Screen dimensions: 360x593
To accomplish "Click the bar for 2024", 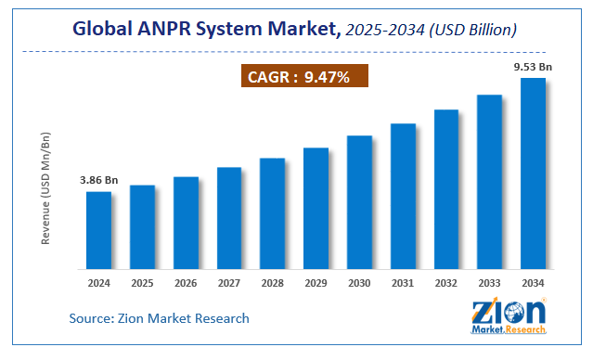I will click(99, 231).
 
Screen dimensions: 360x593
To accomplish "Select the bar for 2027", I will click(229, 219).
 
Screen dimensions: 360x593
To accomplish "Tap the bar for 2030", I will click(359, 203).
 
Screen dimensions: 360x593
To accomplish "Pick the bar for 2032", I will click(446, 190).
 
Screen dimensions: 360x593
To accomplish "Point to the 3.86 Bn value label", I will click(97, 180).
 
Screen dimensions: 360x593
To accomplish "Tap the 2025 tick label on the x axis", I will click(142, 282).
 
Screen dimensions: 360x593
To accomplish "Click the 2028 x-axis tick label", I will click(272, 282).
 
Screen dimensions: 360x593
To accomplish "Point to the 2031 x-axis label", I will click(403, 282).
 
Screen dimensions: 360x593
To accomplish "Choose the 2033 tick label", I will click(489, 282).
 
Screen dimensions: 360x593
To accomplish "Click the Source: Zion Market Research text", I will click(159, 318).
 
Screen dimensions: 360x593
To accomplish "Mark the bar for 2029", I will click(316, 210).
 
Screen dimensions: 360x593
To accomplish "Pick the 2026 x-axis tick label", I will click(186, 282).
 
